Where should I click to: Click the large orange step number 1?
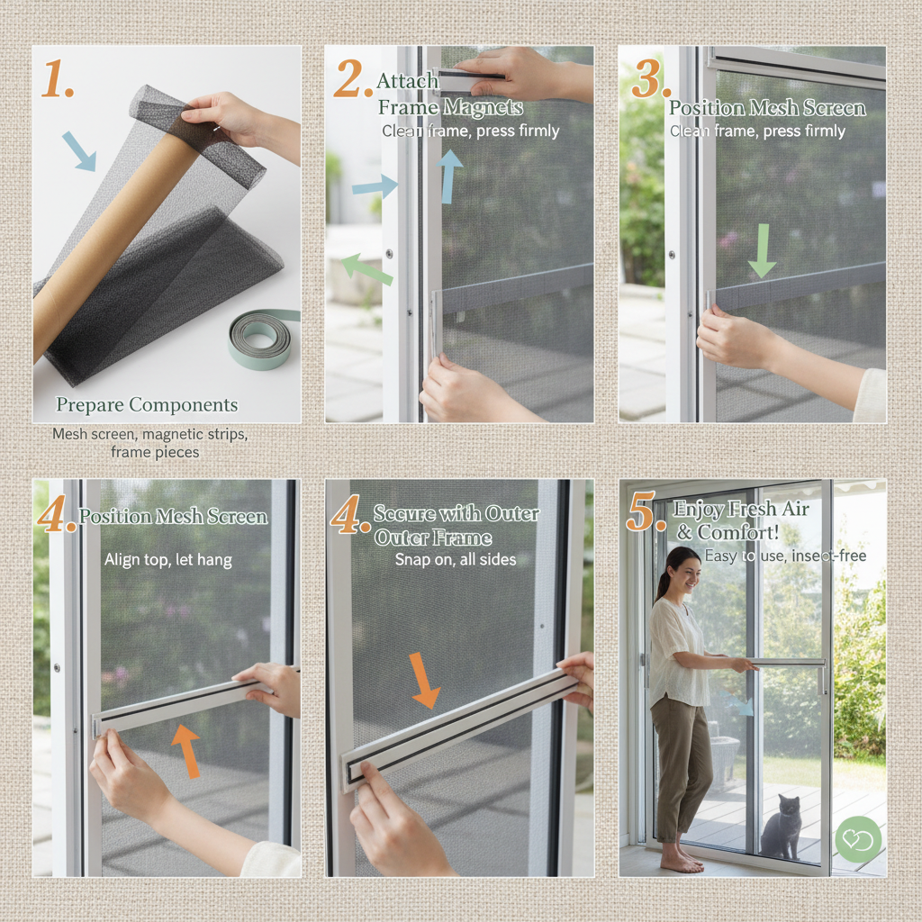click(56, 81)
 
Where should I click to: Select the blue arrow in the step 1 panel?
click(79, 150)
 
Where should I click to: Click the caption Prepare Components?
click(147, 404)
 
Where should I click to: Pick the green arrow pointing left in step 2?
click(366, 268)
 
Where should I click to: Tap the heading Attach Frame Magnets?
click(448, 95)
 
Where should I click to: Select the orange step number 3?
click(650, 81)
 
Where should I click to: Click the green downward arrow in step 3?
click(762, 251)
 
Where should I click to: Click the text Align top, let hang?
click(167, 560)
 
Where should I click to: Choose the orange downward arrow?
click(424, 680)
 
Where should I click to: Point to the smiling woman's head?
click(681, 570)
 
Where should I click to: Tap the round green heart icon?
click(857, 839)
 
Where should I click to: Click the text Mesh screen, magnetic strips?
click(149, 434)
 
